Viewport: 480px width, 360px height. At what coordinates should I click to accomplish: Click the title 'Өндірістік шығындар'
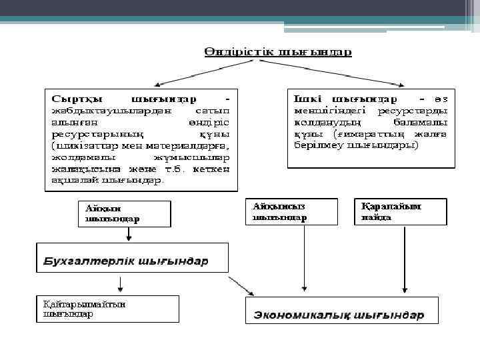coord(277,52)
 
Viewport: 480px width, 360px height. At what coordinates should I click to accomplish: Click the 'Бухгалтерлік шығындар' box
coord(132,259)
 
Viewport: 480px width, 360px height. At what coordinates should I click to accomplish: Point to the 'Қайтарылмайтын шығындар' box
coord(107,309)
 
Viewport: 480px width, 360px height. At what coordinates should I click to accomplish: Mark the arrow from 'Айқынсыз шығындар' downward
coord(304,260)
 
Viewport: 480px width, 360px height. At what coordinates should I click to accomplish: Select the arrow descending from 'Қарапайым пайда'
coord(404,260)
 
